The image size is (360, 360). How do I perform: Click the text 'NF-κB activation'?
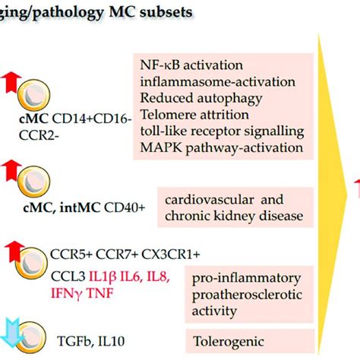tap(191, 65)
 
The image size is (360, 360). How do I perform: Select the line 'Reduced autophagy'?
tap(201, 99)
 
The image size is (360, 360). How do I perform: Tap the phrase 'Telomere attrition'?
tap(194, 115)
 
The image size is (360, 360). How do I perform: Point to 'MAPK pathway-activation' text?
tap(222, 148)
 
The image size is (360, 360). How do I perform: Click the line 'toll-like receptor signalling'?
tap(222, 131)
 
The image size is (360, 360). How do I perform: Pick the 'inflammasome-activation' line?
tap(218, 82)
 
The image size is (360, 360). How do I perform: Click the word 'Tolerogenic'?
tap(229, 342)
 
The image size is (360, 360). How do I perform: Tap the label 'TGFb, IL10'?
tap(91, 341)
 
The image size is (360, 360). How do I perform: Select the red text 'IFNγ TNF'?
tap(82, 294)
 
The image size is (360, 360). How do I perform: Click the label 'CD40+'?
tap(125, 208)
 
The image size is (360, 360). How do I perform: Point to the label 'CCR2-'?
tap(39, 135)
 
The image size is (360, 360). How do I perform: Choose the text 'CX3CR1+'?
tap(171, 254)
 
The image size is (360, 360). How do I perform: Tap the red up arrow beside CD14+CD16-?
tap(11, 82)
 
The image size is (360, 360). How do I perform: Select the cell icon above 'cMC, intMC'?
tap(34, 182)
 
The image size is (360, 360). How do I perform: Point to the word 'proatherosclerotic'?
tap(247, 295)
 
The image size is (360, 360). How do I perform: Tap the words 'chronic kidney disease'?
tap(234, 216)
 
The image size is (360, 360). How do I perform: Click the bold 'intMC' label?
tap(80, 208)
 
